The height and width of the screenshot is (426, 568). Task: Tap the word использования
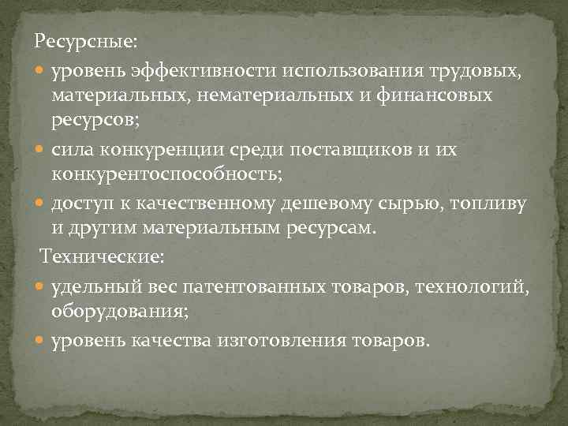(x=339, y=73)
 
